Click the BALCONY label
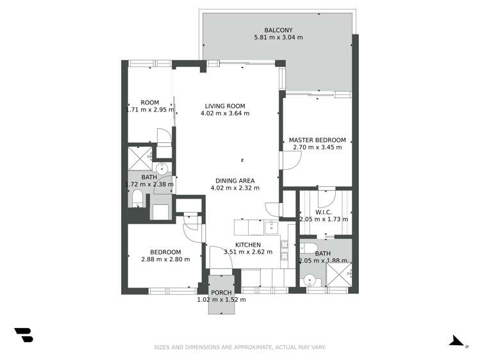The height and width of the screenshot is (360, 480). coord(278,29)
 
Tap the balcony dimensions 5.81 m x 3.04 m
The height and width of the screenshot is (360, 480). coord(278,38)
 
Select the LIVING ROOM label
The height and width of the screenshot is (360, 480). coord(225,106)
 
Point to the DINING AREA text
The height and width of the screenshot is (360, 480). coord(235,180)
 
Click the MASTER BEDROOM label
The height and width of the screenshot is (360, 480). coord(317,140)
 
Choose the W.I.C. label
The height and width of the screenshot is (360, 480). coord(323,212)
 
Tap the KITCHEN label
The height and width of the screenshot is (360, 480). coord(247,245)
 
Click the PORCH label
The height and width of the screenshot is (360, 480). coord(221,292)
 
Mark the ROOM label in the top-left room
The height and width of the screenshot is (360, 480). coord(150,102)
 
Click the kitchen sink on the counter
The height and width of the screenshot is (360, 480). coord(271,227)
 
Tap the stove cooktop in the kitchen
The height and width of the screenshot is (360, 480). coord(284,245)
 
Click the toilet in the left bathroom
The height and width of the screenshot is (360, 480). coord(137,199)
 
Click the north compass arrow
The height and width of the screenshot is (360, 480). coord(458,340)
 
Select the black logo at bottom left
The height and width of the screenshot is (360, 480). coord(23,334)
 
